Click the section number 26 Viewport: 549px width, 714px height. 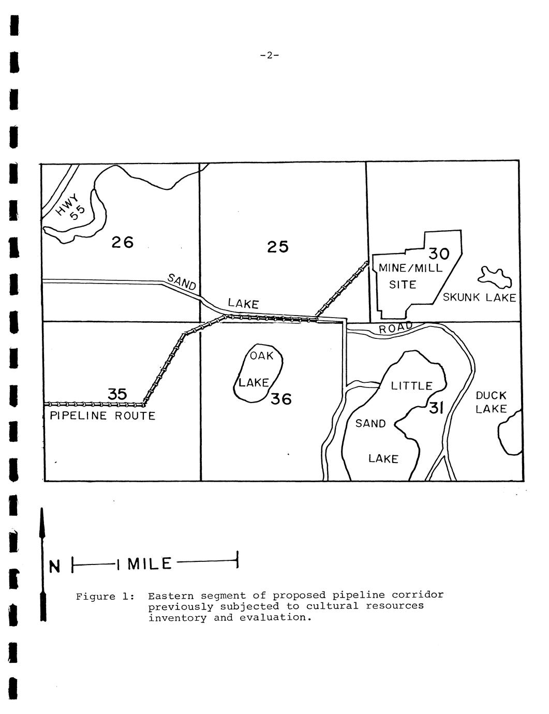coord(122,243)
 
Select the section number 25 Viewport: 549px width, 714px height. coord(278,246)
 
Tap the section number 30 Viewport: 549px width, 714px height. coord(439,254)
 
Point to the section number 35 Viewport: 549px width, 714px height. coord(117,394)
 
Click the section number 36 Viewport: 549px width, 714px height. coord(281,399)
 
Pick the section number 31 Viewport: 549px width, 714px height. coord(436,409)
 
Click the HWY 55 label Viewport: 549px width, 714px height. coord(71,207)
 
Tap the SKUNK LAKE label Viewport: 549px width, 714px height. coord(479,297)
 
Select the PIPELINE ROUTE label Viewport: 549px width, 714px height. coord(102,415)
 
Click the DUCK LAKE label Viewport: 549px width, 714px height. coord(491,402)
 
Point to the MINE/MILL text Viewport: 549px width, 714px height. coord(410,268)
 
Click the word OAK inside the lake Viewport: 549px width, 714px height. coord(261,355)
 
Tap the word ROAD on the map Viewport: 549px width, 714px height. coord(396,328)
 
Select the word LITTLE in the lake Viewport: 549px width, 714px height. coord(412,386)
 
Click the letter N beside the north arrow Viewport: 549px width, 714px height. coord(55,567)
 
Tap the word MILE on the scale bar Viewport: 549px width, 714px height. coord(150,564)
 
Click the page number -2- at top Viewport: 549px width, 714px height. coord(270,55)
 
